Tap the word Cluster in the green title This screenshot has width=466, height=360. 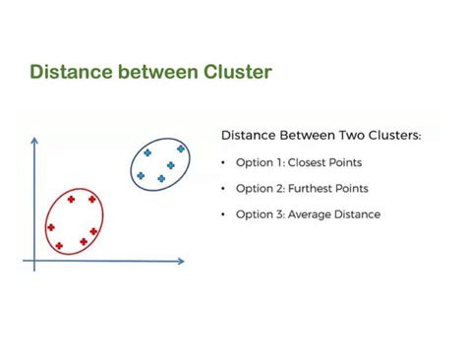click(234, 72)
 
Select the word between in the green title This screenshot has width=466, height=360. click(155, 72)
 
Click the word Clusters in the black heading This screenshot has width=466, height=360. click(390, 135)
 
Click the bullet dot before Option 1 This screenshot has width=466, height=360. click(225, 162)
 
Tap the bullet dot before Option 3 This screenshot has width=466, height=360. click(225, 214)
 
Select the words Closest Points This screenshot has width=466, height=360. click(331, 162)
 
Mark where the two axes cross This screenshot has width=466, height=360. click(35, 261)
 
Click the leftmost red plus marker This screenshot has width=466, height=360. click(51, 227)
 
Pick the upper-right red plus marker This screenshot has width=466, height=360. click(91, 199)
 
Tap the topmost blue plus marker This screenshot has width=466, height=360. click(181, 149)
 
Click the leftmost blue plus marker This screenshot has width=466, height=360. click(141, 176)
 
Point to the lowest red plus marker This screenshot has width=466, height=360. click(58, 245)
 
